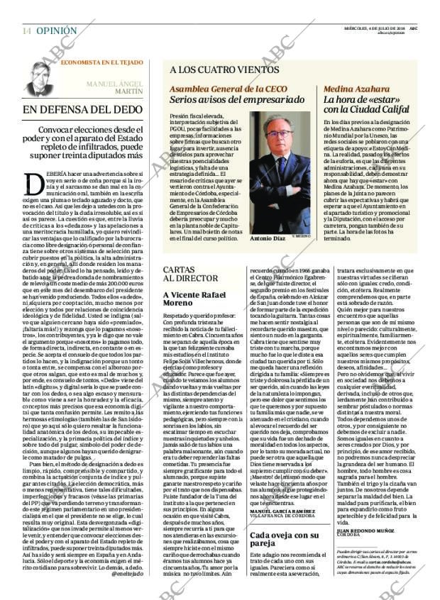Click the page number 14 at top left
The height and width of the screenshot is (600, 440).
point(26,31)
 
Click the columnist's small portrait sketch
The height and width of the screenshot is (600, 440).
point(40,79)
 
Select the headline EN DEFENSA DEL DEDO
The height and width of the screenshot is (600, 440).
point(82,110)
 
